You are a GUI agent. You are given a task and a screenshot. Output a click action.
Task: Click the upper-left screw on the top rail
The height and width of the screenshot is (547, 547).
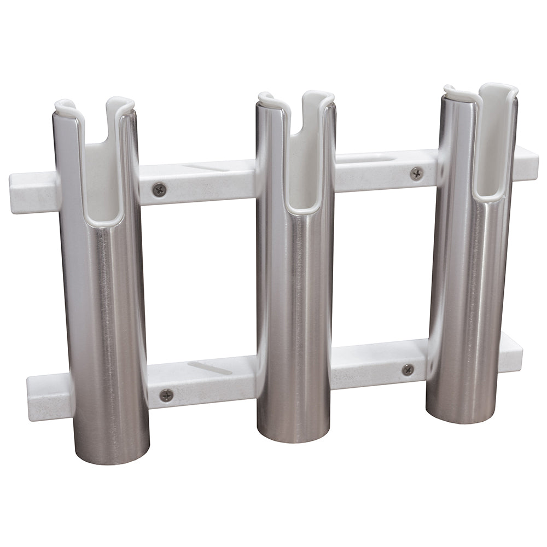pyautogui.click(x=160, y=190)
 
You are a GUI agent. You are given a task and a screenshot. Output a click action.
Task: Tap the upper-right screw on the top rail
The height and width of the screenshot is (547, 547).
pyautogui.click(x=416, y=173)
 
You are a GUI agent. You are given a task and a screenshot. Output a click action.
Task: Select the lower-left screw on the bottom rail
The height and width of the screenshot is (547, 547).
pyautogui.click(x=166, y=394)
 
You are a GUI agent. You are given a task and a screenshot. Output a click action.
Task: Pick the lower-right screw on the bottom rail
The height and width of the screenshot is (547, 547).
pyautogui.click(x=408, y=370)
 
